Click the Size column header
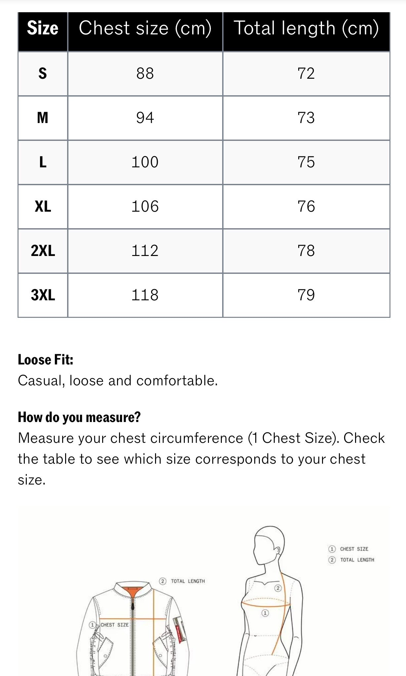[43, 28]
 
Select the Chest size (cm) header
[145, 28]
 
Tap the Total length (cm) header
[306, 28]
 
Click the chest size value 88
[145, 73]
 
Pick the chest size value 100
[145, 162]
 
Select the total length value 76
[306, 206]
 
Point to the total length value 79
[306, 295]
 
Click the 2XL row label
[43, 251]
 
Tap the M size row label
[43, 118]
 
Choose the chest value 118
[145, 295]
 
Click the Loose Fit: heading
[46, 360]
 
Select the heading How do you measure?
[79, 417]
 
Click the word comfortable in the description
[177, 381]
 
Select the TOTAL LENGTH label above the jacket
[187, 581]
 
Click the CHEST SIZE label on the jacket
[114, 625]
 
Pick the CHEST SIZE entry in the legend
[354, 549]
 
